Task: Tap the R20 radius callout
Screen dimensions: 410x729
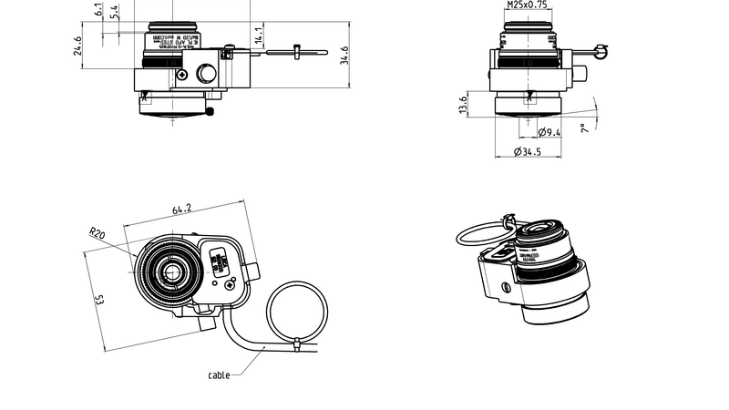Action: (98, 233)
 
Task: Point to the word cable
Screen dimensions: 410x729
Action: (219, 374)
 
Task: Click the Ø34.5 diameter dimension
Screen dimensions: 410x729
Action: (528, 151)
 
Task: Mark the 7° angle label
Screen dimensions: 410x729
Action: (583, 129)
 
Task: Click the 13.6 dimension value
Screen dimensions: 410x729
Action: (464, 105)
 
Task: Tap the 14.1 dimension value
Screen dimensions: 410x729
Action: (259, 36)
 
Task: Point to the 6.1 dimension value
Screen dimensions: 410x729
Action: (98, 9)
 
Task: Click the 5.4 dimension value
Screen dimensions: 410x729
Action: (113, 11)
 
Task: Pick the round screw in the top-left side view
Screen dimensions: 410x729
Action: (207, 74)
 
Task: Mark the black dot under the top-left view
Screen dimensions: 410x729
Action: (210, 112)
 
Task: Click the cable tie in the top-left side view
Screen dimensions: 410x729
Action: (298, 52)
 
